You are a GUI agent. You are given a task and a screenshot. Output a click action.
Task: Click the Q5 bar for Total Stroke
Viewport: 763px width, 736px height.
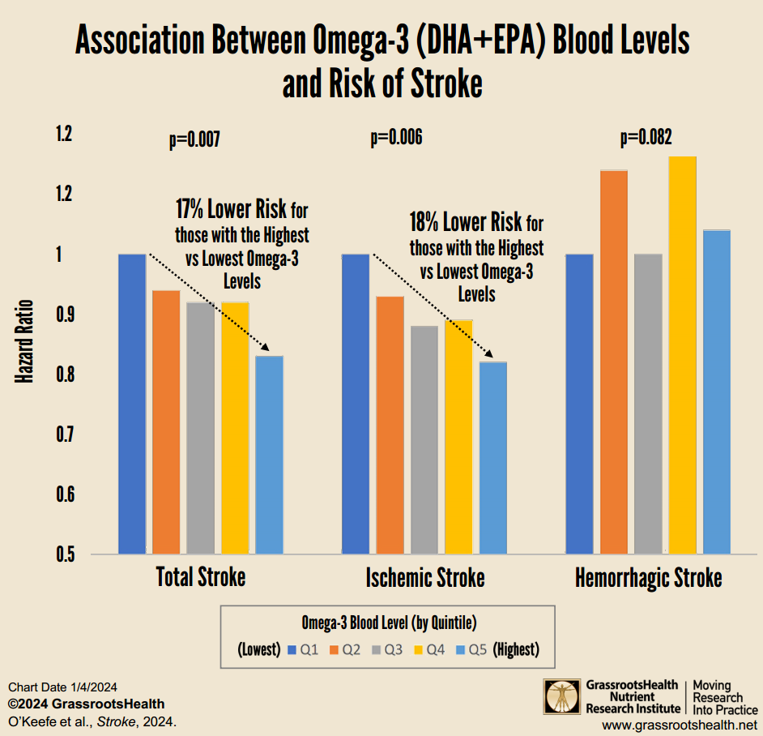point(269,454)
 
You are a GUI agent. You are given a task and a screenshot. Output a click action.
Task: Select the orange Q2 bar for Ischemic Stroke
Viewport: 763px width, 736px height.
point(390,426)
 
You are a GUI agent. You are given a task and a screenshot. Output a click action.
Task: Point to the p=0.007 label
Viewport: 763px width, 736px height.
point(194,139)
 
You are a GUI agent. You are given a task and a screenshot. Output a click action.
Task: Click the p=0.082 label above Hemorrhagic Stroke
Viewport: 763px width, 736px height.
point(646,139)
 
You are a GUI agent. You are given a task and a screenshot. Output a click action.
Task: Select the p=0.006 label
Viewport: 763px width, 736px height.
point(396,139)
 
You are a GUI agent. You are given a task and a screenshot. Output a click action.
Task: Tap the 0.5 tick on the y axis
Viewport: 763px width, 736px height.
point(63,555)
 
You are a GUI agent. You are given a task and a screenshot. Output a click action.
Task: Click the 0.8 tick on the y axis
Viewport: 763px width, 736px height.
point(63,374)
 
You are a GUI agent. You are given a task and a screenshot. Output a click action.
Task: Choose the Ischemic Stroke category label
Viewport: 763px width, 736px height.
point(425,578)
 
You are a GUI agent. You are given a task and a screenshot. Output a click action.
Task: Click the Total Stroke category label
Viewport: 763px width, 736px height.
point(200,578)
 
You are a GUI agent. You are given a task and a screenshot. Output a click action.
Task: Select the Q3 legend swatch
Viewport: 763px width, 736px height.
point(377,649)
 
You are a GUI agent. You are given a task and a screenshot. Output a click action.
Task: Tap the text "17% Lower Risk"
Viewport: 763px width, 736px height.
point(231,210)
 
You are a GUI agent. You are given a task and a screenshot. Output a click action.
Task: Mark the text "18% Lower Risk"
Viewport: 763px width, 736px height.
point(465,223)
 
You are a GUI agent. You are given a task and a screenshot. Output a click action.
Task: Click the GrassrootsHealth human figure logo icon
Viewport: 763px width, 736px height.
point(561,696)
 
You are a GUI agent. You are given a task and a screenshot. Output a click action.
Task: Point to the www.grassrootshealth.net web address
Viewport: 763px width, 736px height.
point(680,724)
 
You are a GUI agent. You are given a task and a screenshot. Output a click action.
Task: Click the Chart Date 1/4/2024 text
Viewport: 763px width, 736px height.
point(62,687)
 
